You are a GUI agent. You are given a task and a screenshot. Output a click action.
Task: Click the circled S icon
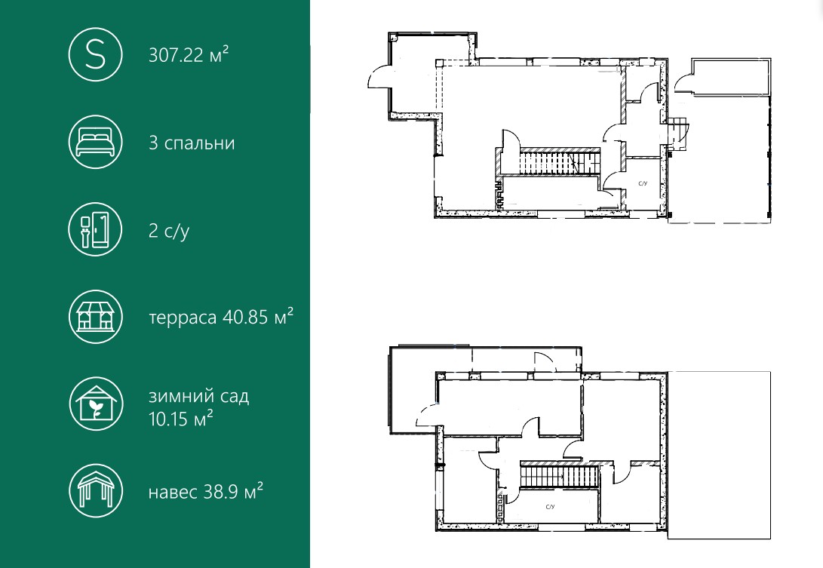click(96, 54)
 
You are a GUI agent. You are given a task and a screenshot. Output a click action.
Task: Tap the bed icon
click(96, 143)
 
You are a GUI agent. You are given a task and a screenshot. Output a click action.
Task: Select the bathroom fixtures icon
click(96, 229)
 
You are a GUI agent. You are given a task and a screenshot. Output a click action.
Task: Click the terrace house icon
click(96, 317)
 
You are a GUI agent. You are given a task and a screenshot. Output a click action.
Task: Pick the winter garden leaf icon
click(96, 404)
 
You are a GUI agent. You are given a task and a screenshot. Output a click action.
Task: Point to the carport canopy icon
click(96, 491)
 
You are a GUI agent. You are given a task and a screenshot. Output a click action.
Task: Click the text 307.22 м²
click(189, 54)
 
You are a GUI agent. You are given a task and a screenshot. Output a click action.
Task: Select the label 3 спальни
click(192, 143)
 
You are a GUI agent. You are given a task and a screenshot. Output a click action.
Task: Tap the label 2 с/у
click(169, 231)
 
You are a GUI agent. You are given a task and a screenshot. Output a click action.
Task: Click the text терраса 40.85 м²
click(221, 317)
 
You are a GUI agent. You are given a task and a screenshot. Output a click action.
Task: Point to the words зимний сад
click(199, 396)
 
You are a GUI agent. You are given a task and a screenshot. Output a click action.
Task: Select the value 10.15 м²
click(180, 419)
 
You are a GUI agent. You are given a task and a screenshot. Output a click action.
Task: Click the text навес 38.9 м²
click(206, 492)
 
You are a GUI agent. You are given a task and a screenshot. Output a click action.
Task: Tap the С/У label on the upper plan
click(643, 184)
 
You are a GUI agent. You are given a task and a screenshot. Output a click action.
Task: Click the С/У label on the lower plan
click(550, 507)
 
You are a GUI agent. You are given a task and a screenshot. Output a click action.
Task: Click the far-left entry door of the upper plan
click(379, 78)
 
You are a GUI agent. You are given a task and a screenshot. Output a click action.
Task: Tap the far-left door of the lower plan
click(427, 415)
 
